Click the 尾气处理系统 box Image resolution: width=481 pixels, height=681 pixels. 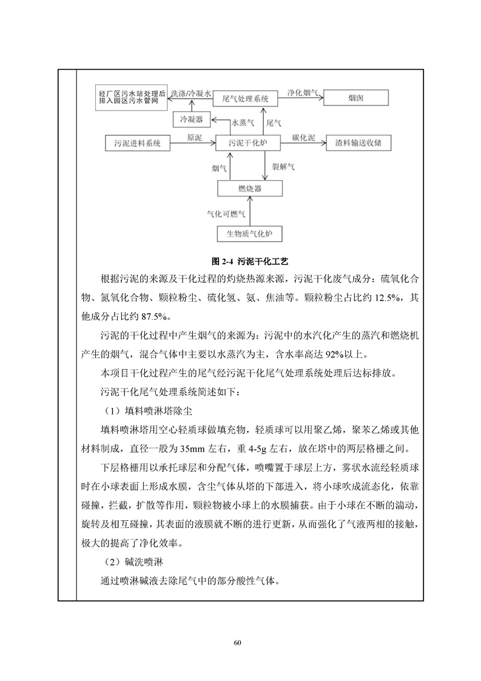coord(246,97)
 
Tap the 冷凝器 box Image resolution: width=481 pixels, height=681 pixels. coord(192,120)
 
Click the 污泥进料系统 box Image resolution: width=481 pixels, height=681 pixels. coord(138,143)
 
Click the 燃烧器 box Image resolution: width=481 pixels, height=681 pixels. coord(250,189)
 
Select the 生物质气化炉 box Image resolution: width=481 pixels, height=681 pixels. coord(250,234)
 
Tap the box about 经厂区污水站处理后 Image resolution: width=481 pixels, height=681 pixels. coord(132,97)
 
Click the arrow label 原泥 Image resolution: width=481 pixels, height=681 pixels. coord(194,137)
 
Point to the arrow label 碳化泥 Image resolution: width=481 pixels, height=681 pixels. coord(303,137)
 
